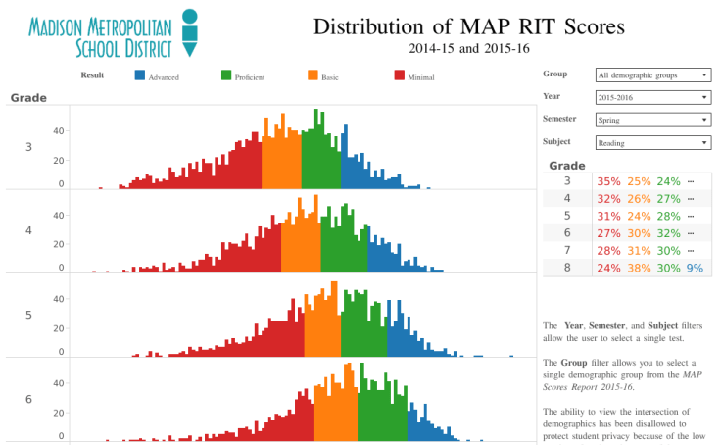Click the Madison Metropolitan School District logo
coord(113,34)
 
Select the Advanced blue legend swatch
coord(140,75)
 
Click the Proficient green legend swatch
coord(226,75)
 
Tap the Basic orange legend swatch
coord(312,75)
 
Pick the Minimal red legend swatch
coord(399,75)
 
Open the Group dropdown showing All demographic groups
coord(652,74)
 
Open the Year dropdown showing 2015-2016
coord(652,97)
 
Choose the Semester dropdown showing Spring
coord(652,120)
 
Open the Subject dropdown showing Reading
coord(652,142)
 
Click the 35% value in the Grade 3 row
coord(608,181)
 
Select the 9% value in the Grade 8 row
coord(695,268)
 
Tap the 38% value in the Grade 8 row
coord(639,268)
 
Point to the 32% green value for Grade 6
coord(668,233)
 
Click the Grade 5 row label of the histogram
coord(28,315)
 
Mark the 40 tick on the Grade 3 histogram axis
coord(59,130)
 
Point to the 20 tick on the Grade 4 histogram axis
coord(59,241)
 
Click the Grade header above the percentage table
coord(567,166)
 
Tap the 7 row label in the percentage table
coord(567,250)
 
